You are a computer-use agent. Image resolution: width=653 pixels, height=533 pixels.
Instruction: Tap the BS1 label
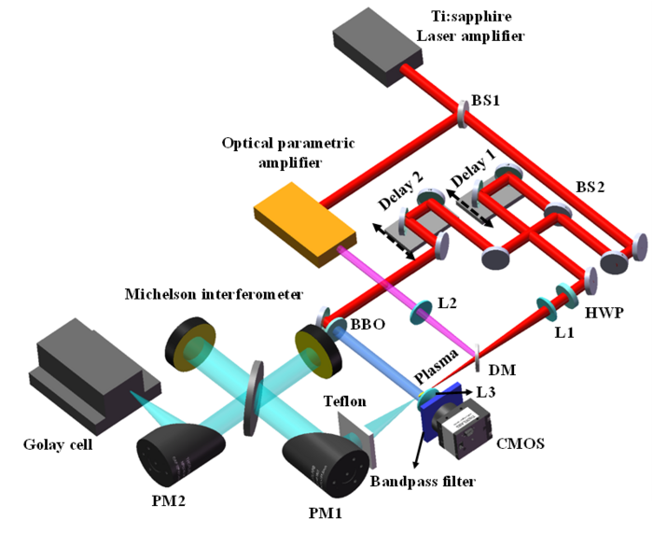click(488, 101)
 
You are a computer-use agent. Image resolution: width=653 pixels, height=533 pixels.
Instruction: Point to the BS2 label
click(590, 187)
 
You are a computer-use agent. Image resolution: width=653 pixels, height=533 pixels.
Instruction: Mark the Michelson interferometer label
click(215, 295)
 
